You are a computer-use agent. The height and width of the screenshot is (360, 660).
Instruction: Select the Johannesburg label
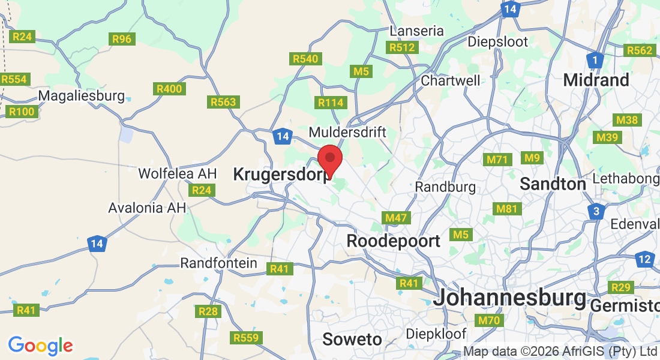point(509,298)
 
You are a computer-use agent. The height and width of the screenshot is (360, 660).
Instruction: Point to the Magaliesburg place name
point(81,95)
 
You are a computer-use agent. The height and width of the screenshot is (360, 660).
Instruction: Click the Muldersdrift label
point(347,131)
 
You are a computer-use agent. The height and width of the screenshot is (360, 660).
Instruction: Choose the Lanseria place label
point(416,31)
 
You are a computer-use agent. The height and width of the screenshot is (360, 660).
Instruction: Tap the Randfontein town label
point(218,263)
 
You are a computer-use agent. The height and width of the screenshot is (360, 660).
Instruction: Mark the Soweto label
point(352,339)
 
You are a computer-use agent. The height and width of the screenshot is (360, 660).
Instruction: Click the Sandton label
point(553,184)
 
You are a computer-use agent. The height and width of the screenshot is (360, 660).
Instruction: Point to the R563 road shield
point(223,102)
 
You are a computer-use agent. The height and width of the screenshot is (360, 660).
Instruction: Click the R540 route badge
point(306,59)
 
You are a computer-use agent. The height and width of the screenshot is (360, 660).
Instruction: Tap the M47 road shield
point(397,218)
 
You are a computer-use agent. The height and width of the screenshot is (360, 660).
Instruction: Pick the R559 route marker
point(247,338)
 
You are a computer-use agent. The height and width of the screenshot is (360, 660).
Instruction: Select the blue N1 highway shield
point(595,60)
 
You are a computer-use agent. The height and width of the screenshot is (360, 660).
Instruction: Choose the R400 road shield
point(169,89)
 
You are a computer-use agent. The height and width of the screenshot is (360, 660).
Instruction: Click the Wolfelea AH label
point(177,173)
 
